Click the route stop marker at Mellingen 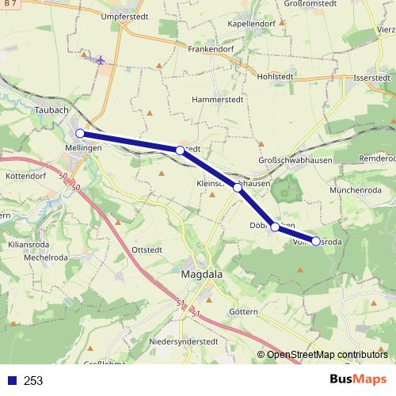pyautogui.click(x=80, y=133)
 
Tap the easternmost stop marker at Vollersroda pyautogui.click(x=316, y=241)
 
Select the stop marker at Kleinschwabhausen pyautogui.click(x=238, y=188)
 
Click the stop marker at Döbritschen pyautogui.click(x=275, y=227)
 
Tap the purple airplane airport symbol pyautogui.click(x=101, y=59)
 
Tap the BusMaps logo pyautogui.click(x=357, y=379)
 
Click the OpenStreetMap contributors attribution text pyautogui.click(x=327, y=356)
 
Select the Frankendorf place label pyautogui.click(x=213, y=49)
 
